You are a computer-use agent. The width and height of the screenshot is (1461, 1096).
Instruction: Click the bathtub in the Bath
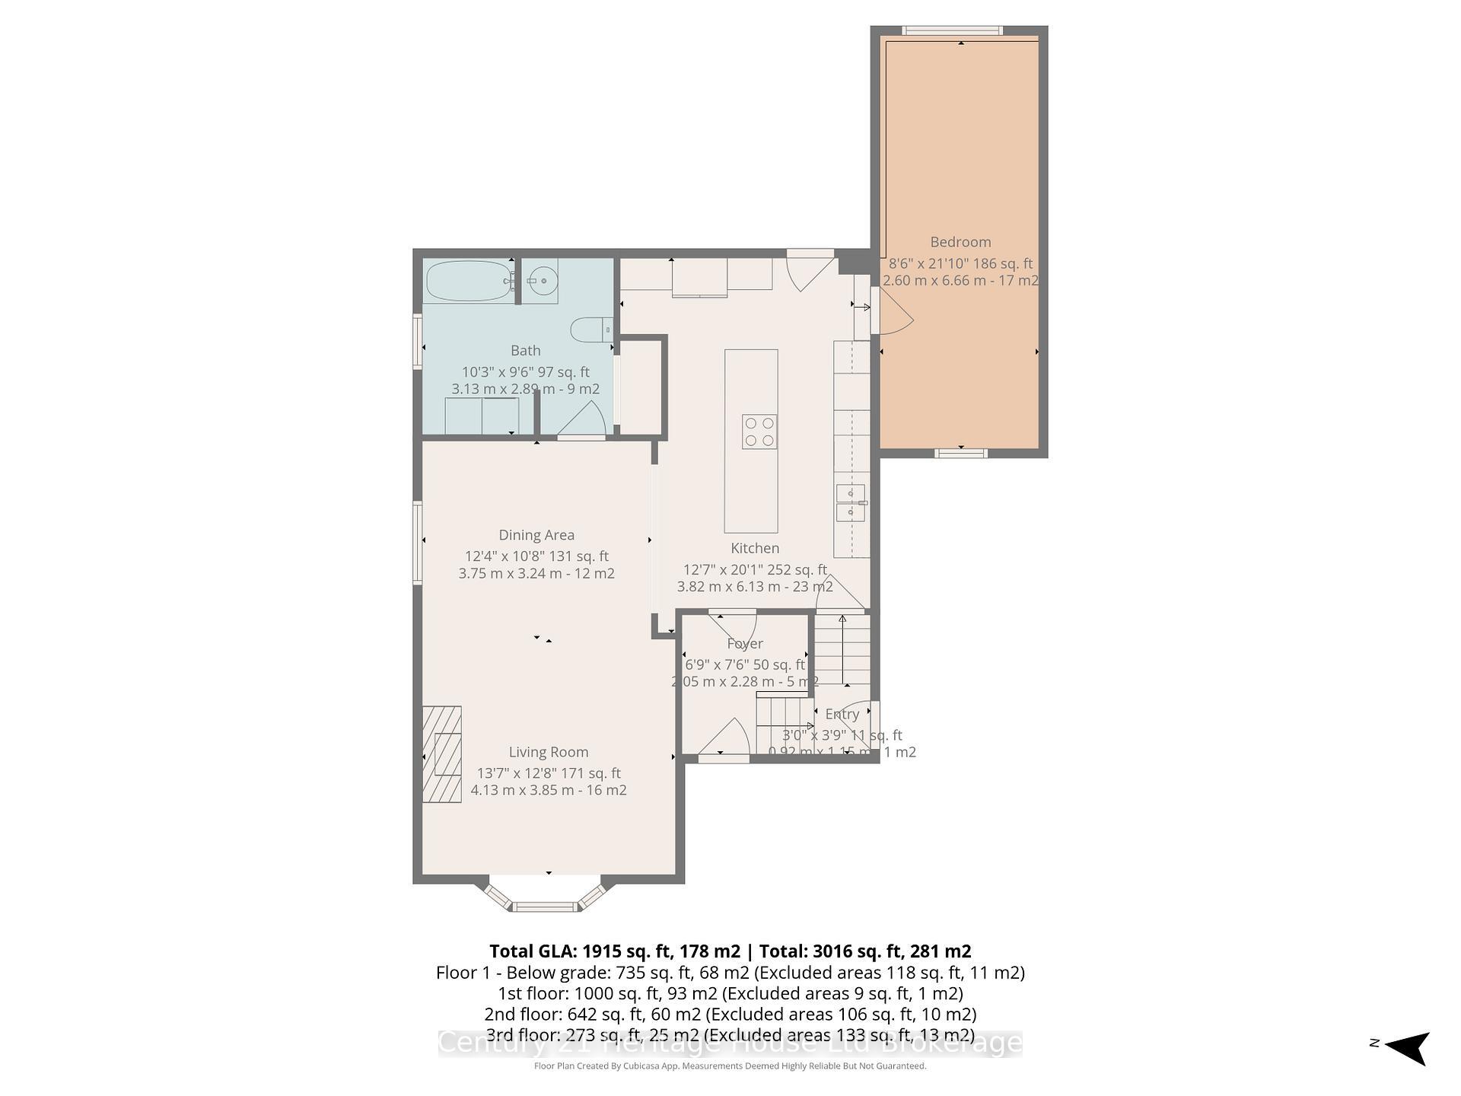click(x=469, y=282)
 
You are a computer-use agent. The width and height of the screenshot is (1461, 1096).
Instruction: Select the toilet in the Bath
click(x=590, y=330)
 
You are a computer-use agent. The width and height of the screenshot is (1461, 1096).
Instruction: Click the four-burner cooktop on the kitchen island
click(x=759, y=432)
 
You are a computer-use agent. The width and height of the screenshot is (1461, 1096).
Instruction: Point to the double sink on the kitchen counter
click(x=850, y=503)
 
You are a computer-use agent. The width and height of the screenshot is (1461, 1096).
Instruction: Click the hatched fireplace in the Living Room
click(x=443, y=754)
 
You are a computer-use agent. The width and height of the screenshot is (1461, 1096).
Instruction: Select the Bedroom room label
click(x=960, y=242)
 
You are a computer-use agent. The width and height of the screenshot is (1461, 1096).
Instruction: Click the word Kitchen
click(x=755, y=548)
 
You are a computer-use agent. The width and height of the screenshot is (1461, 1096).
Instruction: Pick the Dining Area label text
click(x=536, y=535)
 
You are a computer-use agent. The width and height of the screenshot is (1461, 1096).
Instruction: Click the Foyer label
click(x=744, y=643)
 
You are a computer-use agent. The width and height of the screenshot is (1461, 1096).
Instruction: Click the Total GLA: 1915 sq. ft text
click(x=614, y=951)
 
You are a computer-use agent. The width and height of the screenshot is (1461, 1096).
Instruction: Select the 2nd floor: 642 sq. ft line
click(x=730, y=1014)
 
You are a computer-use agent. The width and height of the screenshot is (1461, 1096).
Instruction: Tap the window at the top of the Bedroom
click(x=952, y=30)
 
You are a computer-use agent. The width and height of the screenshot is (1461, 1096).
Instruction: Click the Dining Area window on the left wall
click(x=418, y=541)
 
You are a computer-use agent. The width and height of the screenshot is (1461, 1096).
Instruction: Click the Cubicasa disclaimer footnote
click(x=730, y=1066)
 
